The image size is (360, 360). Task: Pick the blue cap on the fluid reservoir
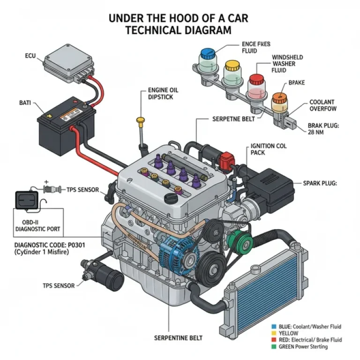click(207, 52)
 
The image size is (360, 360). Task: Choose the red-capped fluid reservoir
click(255, 86)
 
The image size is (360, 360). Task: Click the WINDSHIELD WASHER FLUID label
click(287, 64)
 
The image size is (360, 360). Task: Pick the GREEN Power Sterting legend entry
click(303, 346)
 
